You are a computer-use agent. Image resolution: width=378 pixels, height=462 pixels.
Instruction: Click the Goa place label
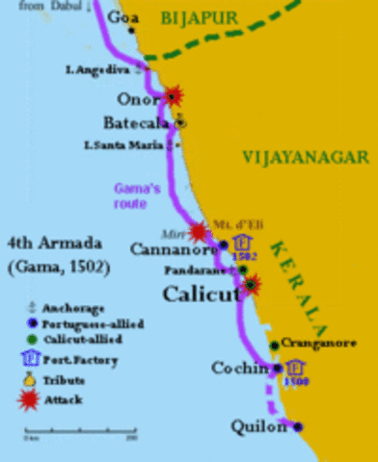[123, 18]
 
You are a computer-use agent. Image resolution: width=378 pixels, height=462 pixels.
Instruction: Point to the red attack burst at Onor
[174, 95]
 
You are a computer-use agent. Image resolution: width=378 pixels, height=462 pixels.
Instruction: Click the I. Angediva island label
[96, 71]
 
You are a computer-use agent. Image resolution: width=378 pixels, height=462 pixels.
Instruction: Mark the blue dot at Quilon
[298, 425]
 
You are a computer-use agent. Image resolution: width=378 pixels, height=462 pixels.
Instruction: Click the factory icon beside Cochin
[295, 366]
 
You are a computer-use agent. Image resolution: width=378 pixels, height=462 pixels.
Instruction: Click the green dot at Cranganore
[274, 344]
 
